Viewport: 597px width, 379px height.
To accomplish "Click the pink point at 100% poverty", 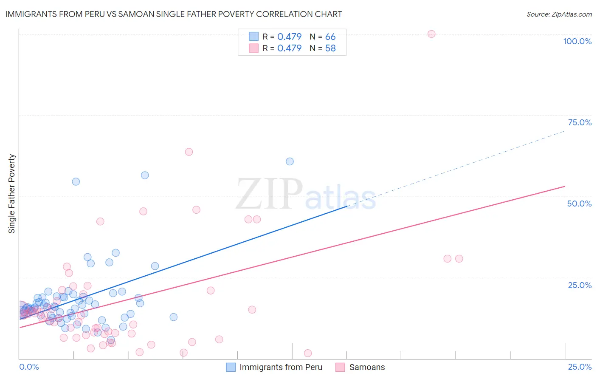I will pos(431,34).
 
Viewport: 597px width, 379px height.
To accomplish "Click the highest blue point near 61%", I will pos(290,161).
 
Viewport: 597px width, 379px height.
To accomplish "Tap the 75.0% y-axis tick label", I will pos(580,122).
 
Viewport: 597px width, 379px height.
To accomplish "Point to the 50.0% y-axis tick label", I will pos(579,204).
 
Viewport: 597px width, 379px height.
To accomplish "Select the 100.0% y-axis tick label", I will pos(577,41).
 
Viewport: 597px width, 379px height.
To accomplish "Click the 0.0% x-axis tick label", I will pos(29,367).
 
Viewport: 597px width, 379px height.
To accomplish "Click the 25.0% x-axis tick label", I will pos(580,367).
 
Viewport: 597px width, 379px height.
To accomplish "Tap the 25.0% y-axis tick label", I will pos(580,285).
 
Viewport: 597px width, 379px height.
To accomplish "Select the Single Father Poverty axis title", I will pos(12,194).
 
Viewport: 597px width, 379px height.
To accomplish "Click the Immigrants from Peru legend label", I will pos(281,367).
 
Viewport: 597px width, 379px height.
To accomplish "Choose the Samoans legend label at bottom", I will pos(367,367).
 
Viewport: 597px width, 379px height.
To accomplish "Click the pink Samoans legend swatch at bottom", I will pos(340,367).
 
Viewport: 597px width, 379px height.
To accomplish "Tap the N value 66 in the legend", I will pos(330,37).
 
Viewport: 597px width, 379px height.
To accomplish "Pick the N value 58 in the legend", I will pos(330,48).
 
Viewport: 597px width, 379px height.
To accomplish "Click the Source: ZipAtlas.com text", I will pos(559,14).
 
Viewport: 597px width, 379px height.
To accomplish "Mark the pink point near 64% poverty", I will pos(189,152).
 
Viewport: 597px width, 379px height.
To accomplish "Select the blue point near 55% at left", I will pos(76,182).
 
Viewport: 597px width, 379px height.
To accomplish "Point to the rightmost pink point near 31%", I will pos(459,259).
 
